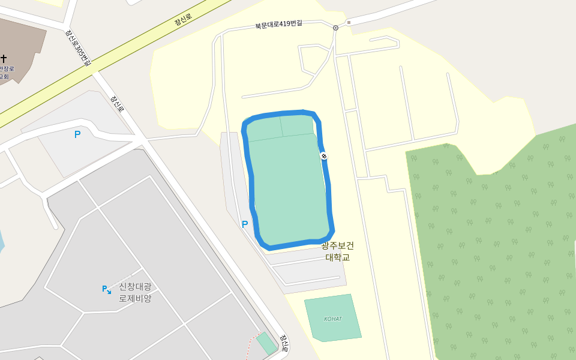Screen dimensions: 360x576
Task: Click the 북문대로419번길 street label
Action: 278,25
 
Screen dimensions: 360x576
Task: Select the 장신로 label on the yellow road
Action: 183,20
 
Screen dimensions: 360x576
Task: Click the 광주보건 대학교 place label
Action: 337,251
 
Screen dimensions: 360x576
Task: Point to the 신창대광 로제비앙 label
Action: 135,292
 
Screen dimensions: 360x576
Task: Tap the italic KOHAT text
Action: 332,319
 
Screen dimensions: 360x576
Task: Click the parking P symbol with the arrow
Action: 106,289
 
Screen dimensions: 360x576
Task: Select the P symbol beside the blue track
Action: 245,224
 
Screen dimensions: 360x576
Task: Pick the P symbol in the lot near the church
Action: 77,134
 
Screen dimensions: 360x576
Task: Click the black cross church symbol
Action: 4,58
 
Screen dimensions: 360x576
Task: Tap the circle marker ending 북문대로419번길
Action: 335,28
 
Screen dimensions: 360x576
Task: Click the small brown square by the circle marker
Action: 349,23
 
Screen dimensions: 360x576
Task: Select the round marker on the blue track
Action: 324,157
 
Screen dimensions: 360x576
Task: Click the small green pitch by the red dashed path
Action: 266,343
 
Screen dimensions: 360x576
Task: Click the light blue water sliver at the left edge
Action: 1,240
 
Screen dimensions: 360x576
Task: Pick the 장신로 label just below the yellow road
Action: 117,104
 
